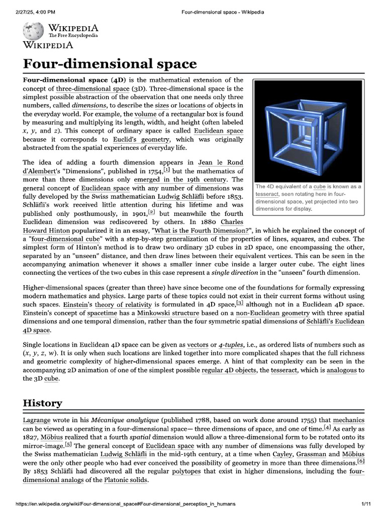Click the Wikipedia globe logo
click(33, 31)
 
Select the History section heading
click(43, 403)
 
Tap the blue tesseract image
click(307, 129)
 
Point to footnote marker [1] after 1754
click(167, 170)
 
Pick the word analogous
click(342, 370)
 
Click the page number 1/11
click(365, 503)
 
